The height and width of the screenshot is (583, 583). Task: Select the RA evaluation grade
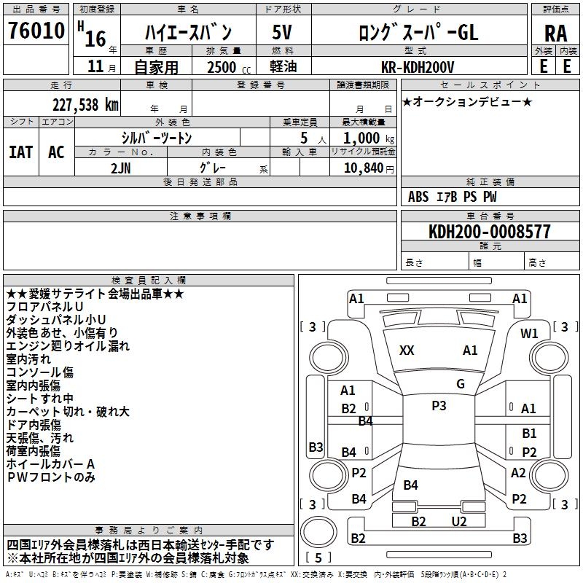pyautogui.click(x=555, y=34)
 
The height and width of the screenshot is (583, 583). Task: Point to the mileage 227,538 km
pyautogui.click(x=85, y=103)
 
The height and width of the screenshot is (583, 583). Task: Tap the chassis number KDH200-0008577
pyautogui.click(x=490, y=232)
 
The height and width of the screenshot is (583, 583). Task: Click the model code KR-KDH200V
pyautogui.click(x=418, y=67)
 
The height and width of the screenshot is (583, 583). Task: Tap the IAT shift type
pyautogui.click(x=20, y=152)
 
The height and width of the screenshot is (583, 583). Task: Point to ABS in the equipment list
pyautogui.click(x=418, y=197)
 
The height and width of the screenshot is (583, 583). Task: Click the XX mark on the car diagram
pyautogui.click(x=407, y=351)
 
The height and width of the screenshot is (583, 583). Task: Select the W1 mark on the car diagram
pyautogui.click(x=529, y=334)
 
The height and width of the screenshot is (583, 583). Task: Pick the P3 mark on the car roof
pyautogui.click(x=439, y=406)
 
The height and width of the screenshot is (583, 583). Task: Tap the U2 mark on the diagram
pyautogui.click(x=459, y=521)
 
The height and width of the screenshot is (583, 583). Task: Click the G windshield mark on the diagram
pyautogui.click(x=461, y=383)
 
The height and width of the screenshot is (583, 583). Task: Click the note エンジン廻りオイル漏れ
pyautogui.click(x=68, y=346)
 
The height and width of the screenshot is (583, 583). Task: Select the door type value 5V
pyautogui.click(x=282, y=33)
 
